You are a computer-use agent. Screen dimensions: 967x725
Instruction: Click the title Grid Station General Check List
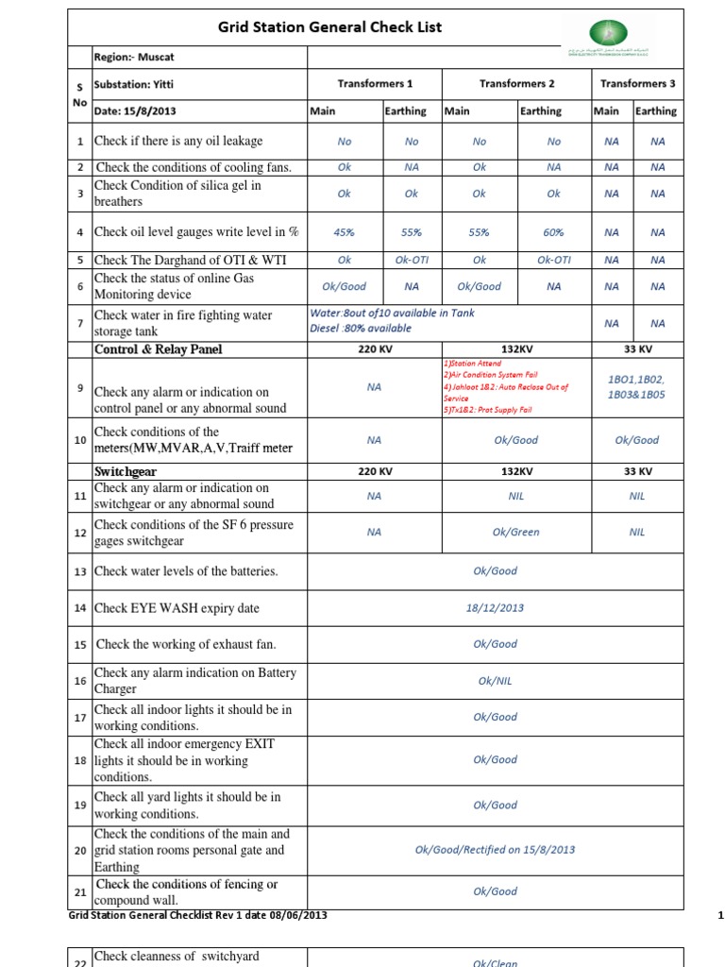click(329, 27)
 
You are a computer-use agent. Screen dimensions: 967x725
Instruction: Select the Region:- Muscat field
click(127, 58)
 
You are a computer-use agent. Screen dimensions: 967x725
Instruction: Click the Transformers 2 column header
click(516, 83)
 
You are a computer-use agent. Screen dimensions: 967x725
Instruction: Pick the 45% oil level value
click(345, 232)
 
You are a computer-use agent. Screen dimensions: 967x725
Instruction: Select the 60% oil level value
click(553, 232)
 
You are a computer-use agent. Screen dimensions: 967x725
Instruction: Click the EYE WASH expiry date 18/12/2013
click(495, 608)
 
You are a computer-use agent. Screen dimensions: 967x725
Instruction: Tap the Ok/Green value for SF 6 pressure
click(515, 532)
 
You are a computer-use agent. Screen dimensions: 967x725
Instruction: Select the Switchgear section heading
click(125, 470)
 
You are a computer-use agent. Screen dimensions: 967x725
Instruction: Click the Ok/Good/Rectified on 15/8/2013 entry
click(495, 849)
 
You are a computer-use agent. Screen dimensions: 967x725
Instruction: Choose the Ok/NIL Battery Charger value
click(495, 680)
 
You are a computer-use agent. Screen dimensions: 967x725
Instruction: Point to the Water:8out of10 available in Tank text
click(392, 313)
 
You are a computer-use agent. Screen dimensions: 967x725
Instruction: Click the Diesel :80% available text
click(361, 329)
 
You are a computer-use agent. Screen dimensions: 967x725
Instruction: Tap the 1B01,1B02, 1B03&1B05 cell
click(637, 386)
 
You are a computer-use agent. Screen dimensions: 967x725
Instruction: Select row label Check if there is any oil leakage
click(178, 141)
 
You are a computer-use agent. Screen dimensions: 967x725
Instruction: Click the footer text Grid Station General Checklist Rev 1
click(198, 915)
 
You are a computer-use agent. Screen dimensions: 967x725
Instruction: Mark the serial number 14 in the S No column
click(80, 608)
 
